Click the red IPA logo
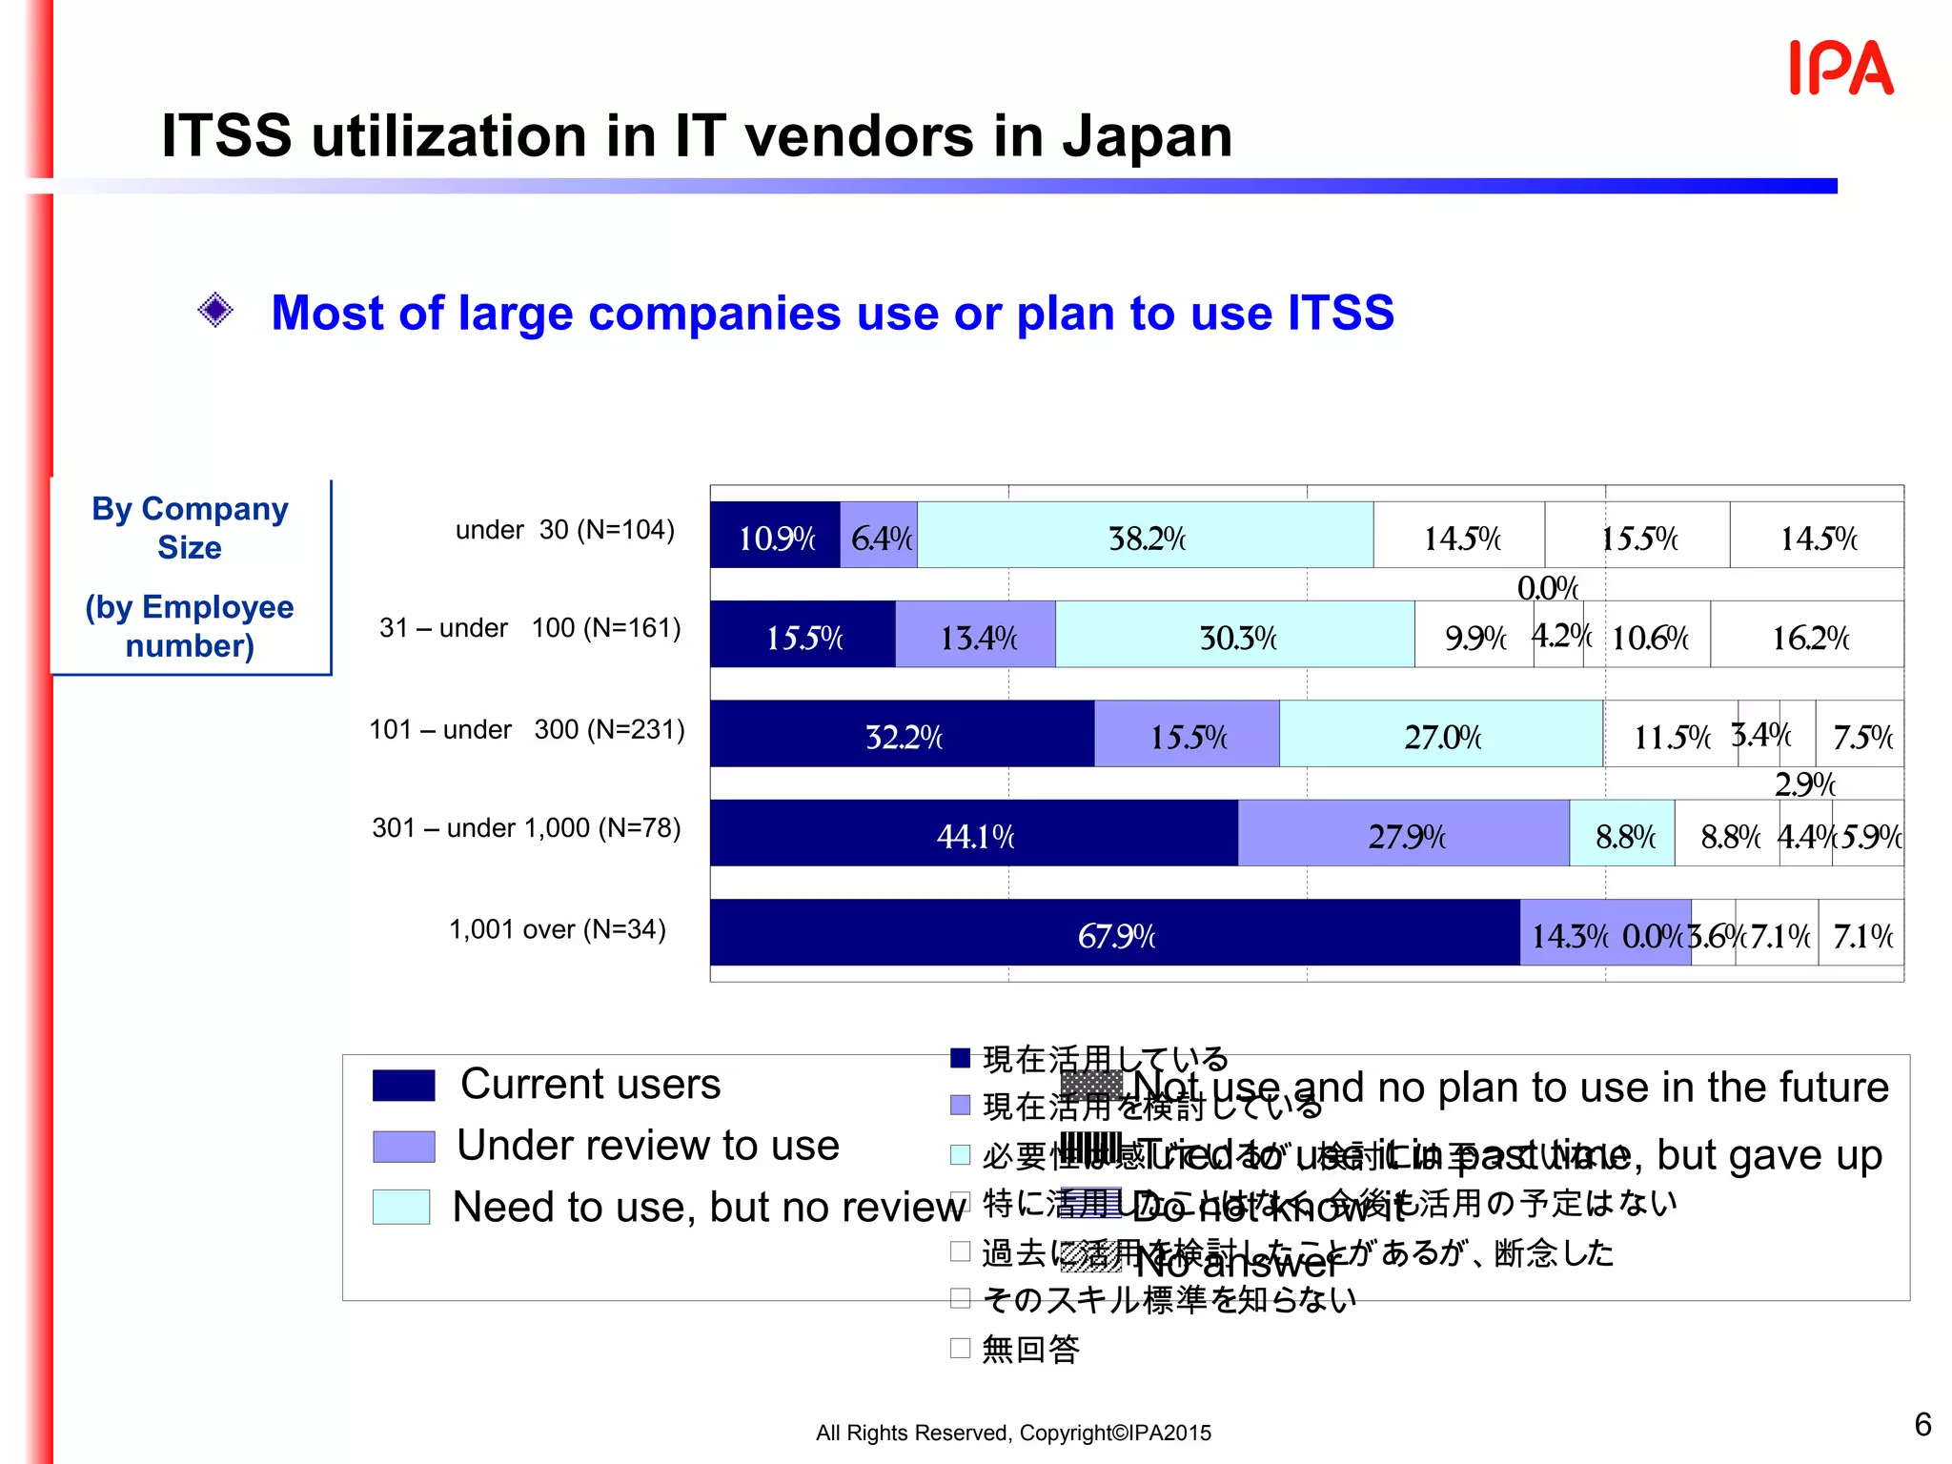[x=1840, y=69]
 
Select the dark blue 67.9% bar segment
[x=1114, y=932]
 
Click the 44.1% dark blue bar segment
[x=973, y=833]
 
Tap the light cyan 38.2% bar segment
[x=1145, y=535]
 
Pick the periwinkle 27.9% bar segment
[x=1403, y=833]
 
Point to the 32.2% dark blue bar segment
[x=902, y=734]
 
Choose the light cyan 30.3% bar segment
[x=1234, y=634]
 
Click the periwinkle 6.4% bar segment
[x=878, y=535]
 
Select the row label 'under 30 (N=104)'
[x=564, y=530]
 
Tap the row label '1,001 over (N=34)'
[x=557, y=929]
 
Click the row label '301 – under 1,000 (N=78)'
[x=526, y=827]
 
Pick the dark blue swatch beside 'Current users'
[x=403, y=1086]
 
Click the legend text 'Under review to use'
[x=647, y=1146]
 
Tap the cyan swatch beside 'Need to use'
[x=401, y=1207]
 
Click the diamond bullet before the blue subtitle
[x=215, y=310]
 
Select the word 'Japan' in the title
[x=1148, y=136]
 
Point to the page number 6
[x=1922, y=1424]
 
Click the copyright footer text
[x=1013, y=1433]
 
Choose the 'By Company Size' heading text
[x=190, y=528]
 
